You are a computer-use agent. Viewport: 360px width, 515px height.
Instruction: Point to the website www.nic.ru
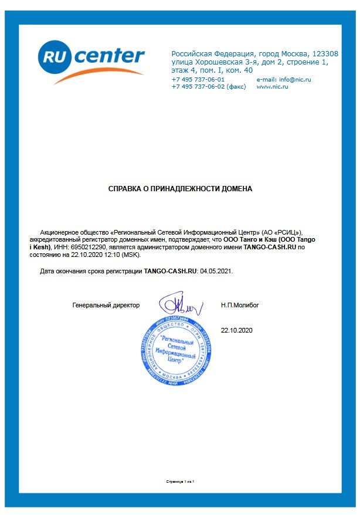click(273, 86)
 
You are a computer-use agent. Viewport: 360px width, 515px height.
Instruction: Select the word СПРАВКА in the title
click(125, 189)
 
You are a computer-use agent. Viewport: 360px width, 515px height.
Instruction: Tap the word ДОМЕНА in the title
click(236, 189)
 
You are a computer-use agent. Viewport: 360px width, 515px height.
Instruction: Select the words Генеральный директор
click(106, 306)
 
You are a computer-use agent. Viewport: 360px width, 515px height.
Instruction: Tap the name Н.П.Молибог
click(240, 306)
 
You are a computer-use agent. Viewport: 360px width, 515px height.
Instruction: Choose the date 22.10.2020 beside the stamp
click(236, 331)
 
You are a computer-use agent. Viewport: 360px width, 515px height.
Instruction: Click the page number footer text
click(180, 482)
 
